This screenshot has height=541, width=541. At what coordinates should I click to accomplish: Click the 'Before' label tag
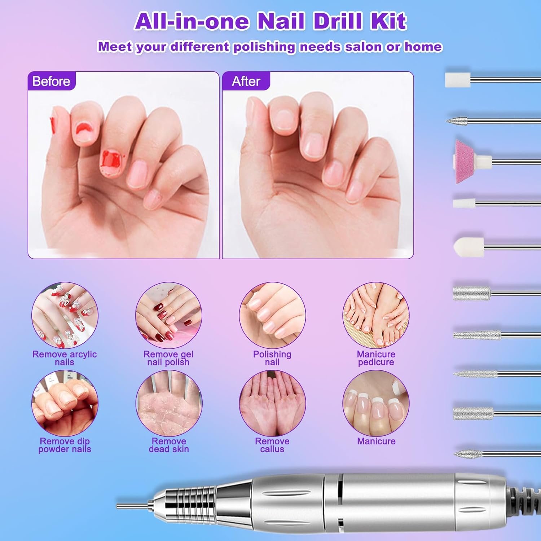click(x=51, y=81)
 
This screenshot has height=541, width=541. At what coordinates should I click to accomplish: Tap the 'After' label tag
click(x=246, y=81)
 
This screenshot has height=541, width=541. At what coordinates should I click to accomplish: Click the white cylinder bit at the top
click(x=457, y=80)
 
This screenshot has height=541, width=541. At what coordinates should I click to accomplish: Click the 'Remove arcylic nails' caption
click(x=65, y=358)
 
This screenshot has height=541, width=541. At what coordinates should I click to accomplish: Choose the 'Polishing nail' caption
click(x=272, y=358)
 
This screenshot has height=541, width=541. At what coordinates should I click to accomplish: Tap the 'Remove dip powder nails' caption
click(x=65, y=445)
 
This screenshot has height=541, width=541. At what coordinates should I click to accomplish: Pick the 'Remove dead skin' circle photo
click(x=168, y=403)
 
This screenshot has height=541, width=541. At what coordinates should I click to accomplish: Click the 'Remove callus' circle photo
click(x=272, y=403)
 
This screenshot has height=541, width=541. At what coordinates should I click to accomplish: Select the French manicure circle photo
click(x=376, y=403)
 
